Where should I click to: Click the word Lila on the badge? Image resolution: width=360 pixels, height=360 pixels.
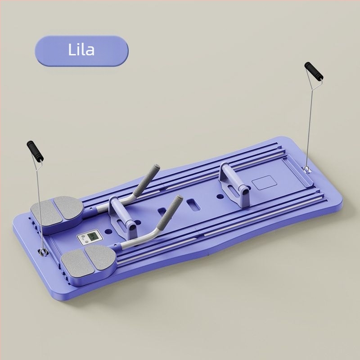[81, 49]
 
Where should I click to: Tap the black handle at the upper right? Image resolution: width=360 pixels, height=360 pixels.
[314, 71]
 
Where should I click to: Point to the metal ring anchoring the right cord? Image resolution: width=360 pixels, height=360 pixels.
[307, 169]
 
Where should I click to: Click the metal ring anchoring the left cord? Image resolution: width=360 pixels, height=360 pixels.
[43, 252]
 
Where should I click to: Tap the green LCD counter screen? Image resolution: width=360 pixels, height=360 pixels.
[92, 236]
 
